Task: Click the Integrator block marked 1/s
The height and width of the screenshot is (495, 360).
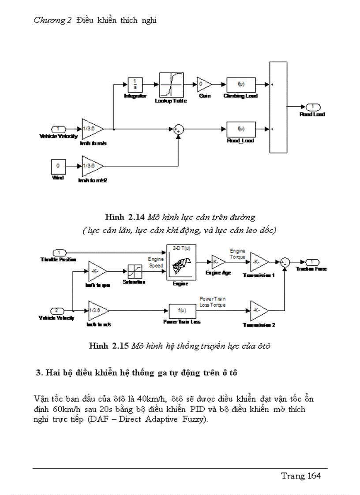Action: (134, 84)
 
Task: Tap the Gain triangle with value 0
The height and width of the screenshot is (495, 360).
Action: (204, 84)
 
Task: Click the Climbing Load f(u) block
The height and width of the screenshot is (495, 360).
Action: (241, 84)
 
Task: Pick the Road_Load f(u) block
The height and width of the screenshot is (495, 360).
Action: (241, 129)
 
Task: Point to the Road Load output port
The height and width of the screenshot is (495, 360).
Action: (313, 107)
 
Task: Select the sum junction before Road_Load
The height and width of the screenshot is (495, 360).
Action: (178, 129)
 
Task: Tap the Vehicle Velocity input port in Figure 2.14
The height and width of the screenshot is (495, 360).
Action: (59, 129)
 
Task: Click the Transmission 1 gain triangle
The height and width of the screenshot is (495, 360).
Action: (259, 262)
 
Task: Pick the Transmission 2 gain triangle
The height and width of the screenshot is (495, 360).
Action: (259, 310)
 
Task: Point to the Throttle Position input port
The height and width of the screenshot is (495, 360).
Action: (59, 253)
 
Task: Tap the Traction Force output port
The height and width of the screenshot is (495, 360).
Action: (312, 261)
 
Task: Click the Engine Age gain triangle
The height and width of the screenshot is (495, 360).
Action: (218, 262)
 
